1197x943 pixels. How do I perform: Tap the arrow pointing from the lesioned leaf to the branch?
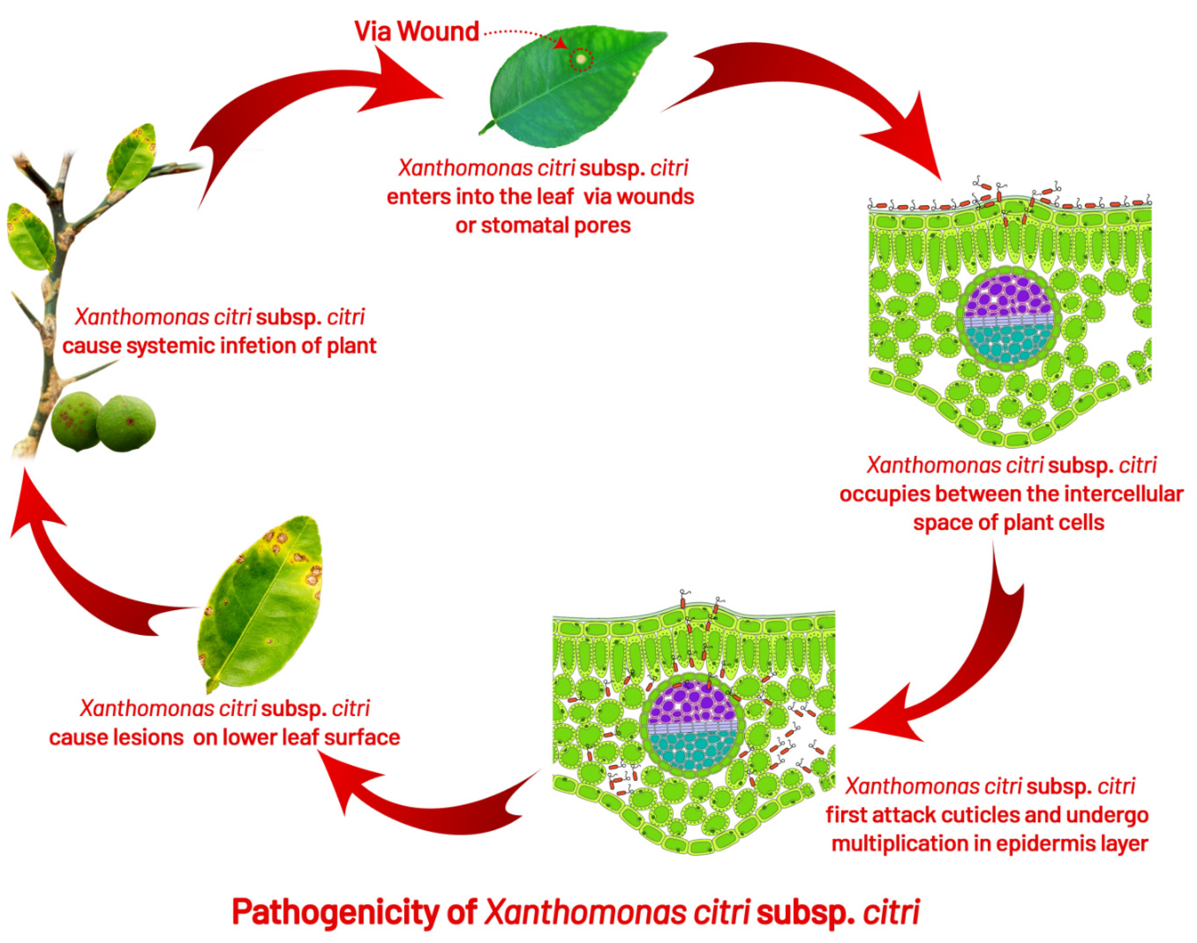(x=83, y=580)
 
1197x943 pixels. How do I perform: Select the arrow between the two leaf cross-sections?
(x=972, y=662)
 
